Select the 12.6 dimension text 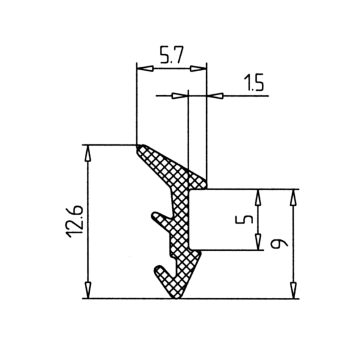point(74,222)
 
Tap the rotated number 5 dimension point(244,219)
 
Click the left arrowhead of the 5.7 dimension point(145,69)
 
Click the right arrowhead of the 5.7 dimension point(198,69)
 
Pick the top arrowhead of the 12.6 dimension point(89,153)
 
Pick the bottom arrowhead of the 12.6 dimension point(89,290)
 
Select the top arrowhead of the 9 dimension point(294,198)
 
